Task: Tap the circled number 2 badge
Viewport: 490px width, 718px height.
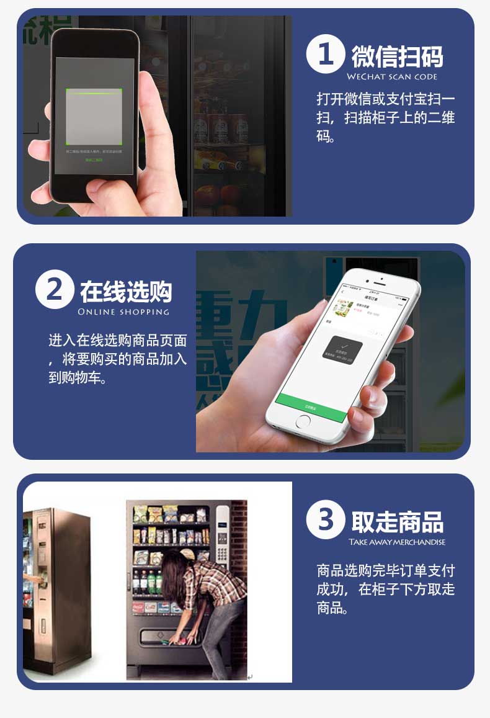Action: pyautogui.click(x=55, y=290)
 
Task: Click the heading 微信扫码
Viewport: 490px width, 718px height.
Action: pyautogui.click(x=397, y=56)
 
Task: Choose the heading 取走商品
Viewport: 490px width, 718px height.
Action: pyautogui.click(x=397, y=522)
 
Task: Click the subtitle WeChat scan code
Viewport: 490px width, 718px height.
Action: pyautogui.click(x=391, y=77)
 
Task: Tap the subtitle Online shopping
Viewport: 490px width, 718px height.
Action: pyautogui.click(x=123, y=312)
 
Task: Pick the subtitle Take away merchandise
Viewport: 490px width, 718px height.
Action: pyautogui.click(x=397, y=542)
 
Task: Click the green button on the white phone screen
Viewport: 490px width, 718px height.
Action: pyautogui.click(x=311, y=408)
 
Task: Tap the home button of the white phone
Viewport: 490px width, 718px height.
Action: pyautogui.click(x=303, y=421)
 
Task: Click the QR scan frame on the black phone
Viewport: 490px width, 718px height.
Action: pyautogui.click(x=94, y=115)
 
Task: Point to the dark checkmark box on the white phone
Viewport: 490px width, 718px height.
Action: pyautogui.click(x=342, y=350)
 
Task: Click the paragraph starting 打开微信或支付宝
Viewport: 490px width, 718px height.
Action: pyautogui.click(x=385, y=117)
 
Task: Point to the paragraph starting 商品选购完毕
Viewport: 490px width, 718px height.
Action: pyautogui.click(x=385, y=589)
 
